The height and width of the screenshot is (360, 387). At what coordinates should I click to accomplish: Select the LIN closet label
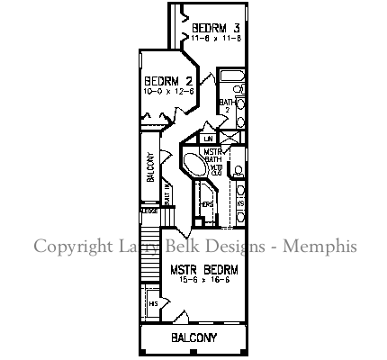click(208, 139)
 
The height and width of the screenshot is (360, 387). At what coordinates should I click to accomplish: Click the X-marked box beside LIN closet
click(230, 138)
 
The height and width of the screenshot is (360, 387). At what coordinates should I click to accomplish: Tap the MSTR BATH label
click(212, 156)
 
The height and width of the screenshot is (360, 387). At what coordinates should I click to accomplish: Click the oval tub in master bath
click(193, 166)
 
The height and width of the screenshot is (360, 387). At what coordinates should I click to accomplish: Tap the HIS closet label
click(153, 304)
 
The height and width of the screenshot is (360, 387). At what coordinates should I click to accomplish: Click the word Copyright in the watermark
click(70, 246)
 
